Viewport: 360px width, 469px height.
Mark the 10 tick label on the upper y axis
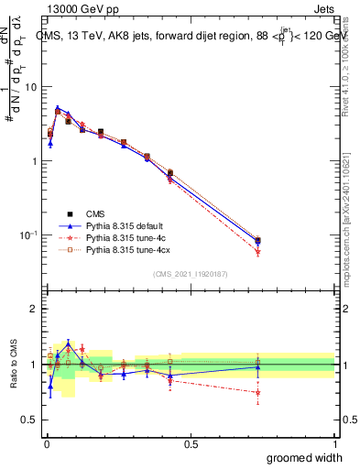pos(29,87)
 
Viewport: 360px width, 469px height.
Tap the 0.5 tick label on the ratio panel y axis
pos(28,420)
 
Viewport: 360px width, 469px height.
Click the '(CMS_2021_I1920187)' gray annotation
pos(190,274)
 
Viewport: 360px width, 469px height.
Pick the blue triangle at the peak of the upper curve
pos(57,108)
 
